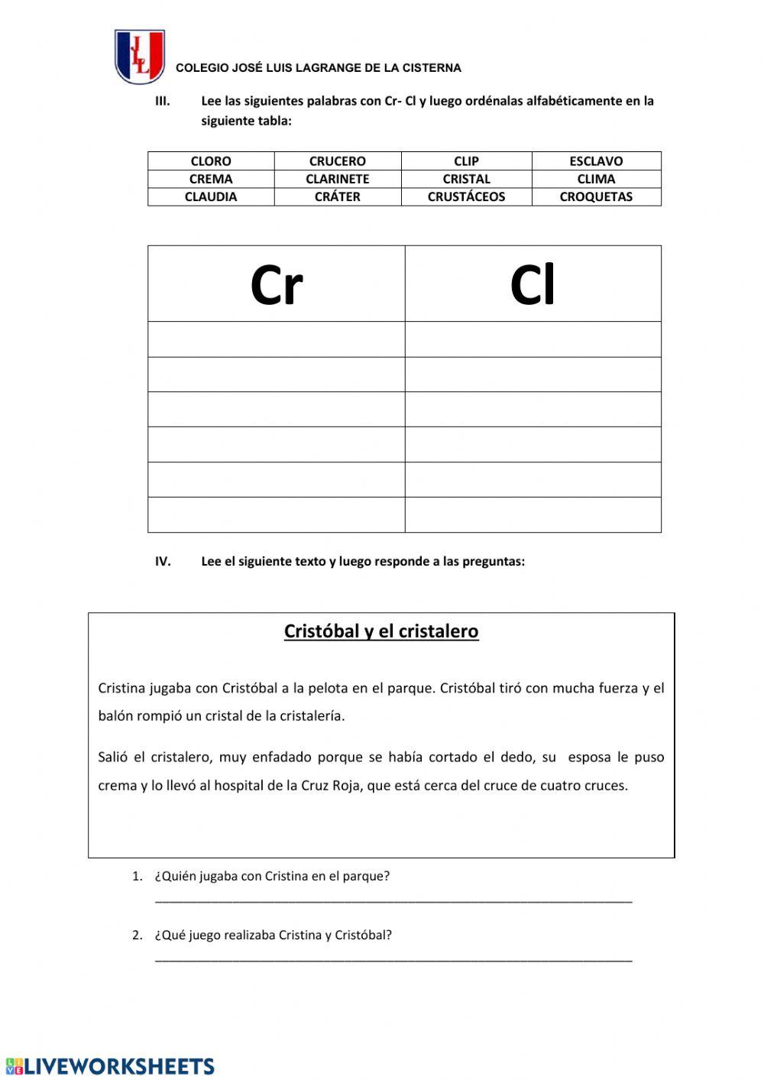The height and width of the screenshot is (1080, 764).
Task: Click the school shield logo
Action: (140, 57)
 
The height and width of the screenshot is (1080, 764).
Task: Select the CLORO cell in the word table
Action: (211, 161)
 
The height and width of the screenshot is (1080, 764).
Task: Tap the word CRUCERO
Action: (337, 161)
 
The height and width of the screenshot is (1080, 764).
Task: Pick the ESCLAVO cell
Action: (596, 161)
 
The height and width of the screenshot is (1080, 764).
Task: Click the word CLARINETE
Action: (337, 179)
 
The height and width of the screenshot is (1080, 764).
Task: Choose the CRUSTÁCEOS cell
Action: (466, 196)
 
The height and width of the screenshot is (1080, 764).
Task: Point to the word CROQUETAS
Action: (596, 196)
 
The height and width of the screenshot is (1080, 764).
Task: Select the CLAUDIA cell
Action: (211, 196)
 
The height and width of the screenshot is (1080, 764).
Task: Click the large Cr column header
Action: (277, 285)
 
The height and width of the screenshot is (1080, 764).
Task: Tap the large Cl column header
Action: (533, 285)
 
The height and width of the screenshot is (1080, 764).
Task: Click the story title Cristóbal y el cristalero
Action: (381, 631)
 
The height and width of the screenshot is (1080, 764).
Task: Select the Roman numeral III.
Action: (163, 101)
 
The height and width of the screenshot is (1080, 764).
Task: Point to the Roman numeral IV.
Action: (163, 561)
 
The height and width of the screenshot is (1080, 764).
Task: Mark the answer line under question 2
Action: (393, 958)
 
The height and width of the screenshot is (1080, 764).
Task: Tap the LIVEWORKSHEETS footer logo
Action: (110, 1066)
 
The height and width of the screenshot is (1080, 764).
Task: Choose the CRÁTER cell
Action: (337, 196)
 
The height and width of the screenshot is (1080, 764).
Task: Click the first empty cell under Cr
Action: (277, 339)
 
